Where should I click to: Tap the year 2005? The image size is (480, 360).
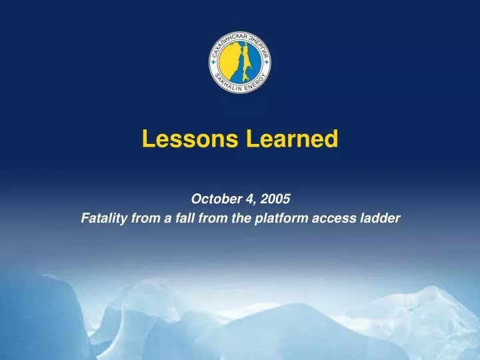click(x=275, y=198)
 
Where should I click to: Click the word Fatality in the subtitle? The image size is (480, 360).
click(x=103, y=217)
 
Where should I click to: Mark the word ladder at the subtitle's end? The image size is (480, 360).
click(x=378, y=217)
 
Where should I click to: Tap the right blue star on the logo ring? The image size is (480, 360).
click(x=267, y=61)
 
